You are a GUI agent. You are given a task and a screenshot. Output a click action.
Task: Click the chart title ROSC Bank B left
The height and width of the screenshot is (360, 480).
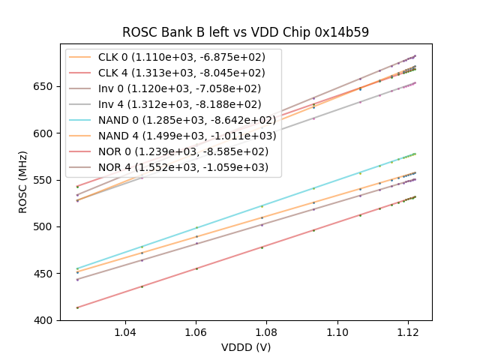tap(246, 33)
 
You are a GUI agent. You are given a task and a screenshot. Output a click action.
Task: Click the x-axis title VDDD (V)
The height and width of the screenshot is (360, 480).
tap(246, 347)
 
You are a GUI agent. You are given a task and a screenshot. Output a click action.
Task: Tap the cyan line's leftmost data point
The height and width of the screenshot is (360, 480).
tap(77, 268)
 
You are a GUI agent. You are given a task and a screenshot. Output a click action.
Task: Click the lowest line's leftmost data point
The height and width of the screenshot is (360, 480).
tap(77, 307)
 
